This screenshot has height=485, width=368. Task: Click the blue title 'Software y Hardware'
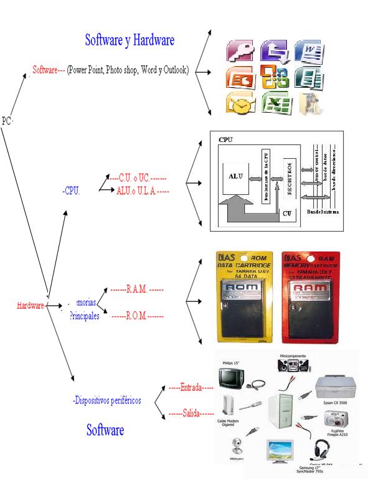coord(130,40)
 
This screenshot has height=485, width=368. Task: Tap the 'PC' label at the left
coord(7,121)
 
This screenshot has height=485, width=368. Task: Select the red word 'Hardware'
coord(31,306)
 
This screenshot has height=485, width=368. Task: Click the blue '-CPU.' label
coord(71,191)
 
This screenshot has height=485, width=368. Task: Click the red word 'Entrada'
coord(191,387)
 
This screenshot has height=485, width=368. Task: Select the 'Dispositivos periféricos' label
coord(106,400)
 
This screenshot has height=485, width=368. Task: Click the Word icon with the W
coord(307,51)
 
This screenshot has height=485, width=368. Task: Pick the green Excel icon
coord(273,103)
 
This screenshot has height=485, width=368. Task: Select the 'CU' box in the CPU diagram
coord(287,213)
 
